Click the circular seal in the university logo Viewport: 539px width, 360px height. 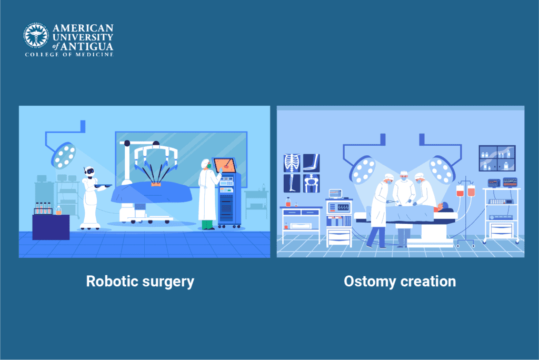coord(36,35)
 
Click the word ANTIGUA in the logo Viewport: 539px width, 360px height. coord(87,46)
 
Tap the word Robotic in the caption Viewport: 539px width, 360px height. coord(112,281)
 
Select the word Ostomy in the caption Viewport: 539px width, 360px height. coord(370,282)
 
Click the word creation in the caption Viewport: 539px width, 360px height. coord(428,281)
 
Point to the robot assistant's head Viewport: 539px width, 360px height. coord(89,171)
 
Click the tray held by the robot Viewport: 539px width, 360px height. coord(103,186)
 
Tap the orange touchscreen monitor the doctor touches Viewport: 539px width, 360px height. coord(225,165)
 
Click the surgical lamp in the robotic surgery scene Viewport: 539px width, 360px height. coord(64,155)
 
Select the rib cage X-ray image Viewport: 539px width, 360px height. coord(292,163)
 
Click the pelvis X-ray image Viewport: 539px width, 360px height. coord(312,183)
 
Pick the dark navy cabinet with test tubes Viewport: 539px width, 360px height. coord(51,227)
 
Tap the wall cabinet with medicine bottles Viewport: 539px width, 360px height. coord(497,158)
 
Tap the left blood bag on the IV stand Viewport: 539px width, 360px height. coord(460,191)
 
